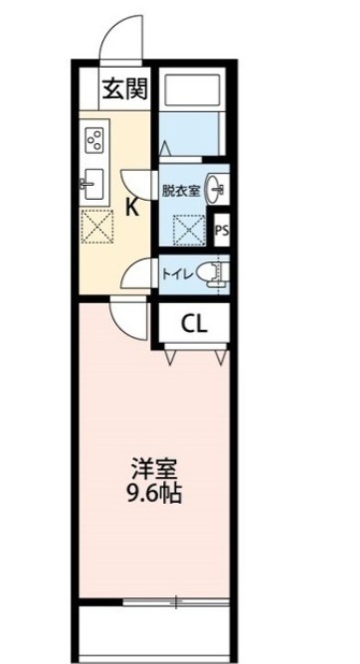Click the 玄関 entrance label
(x=123, y=89)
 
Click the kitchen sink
(x=93, y=184)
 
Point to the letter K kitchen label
(x=130, y=208)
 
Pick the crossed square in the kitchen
(x=96, y=227)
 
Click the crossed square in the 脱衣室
(x=188, y=231)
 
